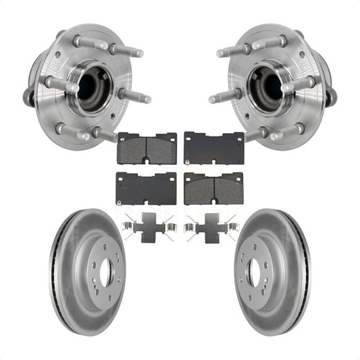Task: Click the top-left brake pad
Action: pyautogui.click(x=147, y=148)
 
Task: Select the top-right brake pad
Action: pyautogui.click(x=213, y=148)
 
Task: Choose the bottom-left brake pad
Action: pyautogui.click(x=147, y=188)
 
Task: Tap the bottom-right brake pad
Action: pyautogui.click(x=213, y=188)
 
